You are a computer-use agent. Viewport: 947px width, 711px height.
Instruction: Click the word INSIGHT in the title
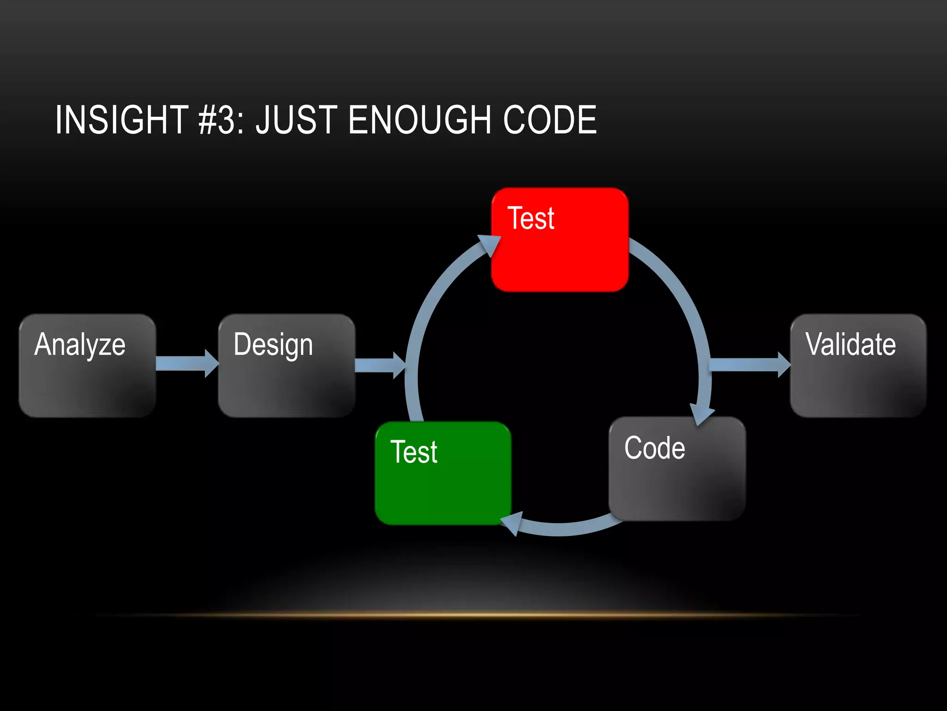[122, 120]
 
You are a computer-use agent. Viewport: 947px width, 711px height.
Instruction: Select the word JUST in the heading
[296, 120]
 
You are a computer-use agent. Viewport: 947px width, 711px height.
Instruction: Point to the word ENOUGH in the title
[419, 120]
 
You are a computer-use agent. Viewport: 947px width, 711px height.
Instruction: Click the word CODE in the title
[550, 120]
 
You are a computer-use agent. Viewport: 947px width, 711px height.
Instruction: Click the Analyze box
[87, 366]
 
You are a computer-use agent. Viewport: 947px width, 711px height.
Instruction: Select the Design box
[287, 366]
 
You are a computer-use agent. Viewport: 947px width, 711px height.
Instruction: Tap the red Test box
[560, 240]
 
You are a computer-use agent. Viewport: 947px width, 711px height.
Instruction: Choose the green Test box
[443, 473]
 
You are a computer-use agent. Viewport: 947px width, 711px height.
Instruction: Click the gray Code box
[677, 468]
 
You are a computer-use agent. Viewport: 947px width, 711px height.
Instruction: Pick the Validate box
[858, 366]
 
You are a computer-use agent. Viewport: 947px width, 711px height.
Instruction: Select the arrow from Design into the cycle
[379, 365]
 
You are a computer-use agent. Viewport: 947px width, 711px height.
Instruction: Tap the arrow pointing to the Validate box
[749, 365]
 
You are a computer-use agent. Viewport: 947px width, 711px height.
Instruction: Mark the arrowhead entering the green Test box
[513, 523]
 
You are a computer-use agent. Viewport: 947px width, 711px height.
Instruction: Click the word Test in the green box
[413, 452]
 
